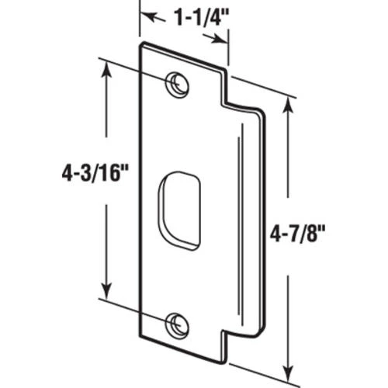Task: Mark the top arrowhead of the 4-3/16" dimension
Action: pyautogui.click(x=106, y=67)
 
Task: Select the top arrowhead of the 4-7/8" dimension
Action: pyautogui.click(x=289, y=103)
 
